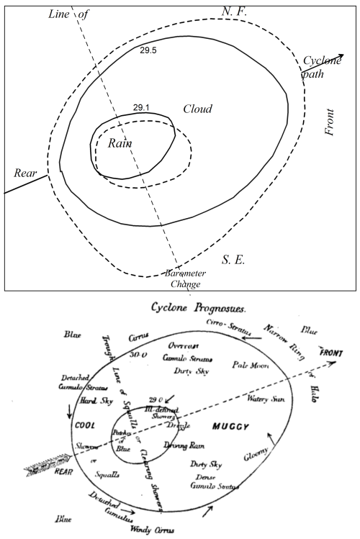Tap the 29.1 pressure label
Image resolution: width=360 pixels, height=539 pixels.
(x=141, y=107)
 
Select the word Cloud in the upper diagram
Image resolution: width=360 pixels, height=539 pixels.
(x=197, y=109)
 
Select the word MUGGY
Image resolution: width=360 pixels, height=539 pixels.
(x=233, y=427)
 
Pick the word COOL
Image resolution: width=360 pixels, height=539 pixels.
(x=86, y=425)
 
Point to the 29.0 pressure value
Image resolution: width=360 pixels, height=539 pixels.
(x=152, y=399)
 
